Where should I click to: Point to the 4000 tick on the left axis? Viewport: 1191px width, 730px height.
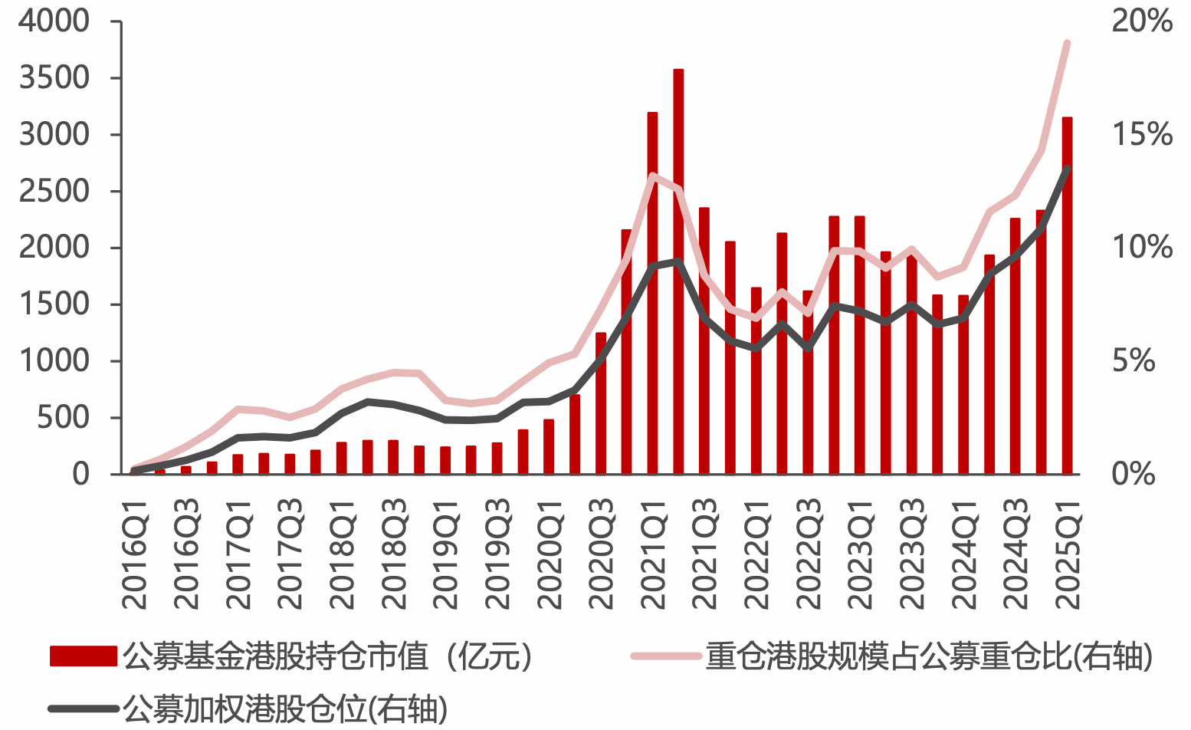pyautogui.click(x=54, y=21)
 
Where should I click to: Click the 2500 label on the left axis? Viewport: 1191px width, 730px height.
pyautogui.click(x=54, y=192)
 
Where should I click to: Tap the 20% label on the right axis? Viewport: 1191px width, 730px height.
pyautogui.click(x=1142, y=21)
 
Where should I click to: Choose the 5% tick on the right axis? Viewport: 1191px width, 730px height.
pyautogui.click(x=1134, y=360)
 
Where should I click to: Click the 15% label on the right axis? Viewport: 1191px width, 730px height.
pyautogui.click(x=1142, y=135)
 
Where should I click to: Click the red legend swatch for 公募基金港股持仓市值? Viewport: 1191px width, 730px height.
pyautogui.click(x=83, y=656)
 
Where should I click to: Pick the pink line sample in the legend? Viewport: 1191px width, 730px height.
pyautogui.click(x=665, y=656)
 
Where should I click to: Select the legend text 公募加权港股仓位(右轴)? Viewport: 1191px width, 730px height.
pyautogui.click(x=284, y=710)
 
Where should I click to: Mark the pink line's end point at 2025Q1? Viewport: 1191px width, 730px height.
pyautogui.click(x=1067, y=43)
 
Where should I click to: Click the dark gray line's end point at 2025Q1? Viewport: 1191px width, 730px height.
pyautogui.click(x=1067, y=168)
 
